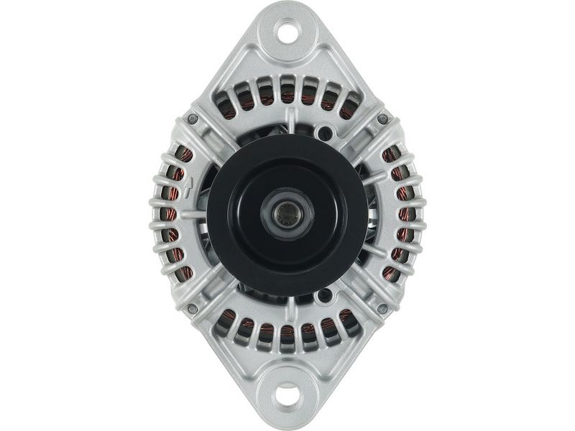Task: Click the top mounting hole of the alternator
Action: point(287,31)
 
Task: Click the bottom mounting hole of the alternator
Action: point(287,392)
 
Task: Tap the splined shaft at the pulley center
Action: point(287,213)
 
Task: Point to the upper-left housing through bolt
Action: point(192,119)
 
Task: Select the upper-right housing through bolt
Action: point(382,119)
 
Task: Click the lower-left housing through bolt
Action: point(192,308)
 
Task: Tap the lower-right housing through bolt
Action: point(382,308)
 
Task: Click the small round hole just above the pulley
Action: point(325,133)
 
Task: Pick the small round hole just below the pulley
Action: point(325,294)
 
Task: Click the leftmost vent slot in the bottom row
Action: point(226,322)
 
